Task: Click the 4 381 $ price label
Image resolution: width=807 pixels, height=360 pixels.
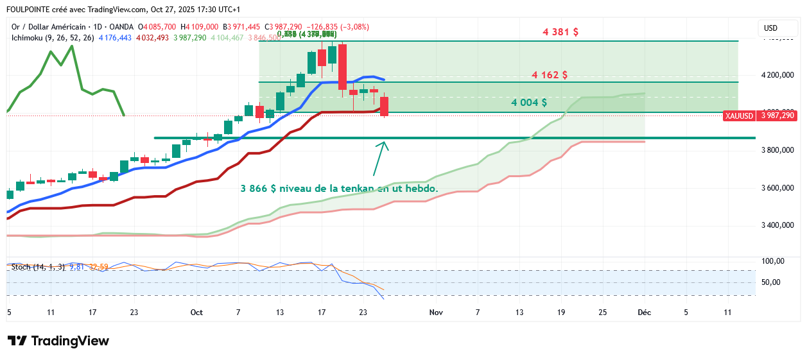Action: [560, 31]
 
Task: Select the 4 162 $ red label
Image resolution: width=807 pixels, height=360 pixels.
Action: [550, 74]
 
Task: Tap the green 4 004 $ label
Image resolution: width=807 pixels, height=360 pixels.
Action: [529, 102]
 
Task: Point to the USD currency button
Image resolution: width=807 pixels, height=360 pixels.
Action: [770, 28]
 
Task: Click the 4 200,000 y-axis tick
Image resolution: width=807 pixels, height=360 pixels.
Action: [777, 75]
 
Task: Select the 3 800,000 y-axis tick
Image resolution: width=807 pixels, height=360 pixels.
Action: [777, 150]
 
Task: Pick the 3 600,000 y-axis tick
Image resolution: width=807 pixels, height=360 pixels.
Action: [777, 188]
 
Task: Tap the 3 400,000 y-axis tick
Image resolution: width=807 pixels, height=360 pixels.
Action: [777, 225]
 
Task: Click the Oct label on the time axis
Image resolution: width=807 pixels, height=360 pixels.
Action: [196, 313]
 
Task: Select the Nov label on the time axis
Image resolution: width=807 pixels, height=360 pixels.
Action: [436, 313]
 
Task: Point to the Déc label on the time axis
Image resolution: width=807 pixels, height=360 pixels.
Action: [643, 313]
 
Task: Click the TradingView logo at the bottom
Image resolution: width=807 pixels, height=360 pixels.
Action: [58, 341]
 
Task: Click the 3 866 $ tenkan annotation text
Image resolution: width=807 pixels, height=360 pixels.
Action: [340, 189]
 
